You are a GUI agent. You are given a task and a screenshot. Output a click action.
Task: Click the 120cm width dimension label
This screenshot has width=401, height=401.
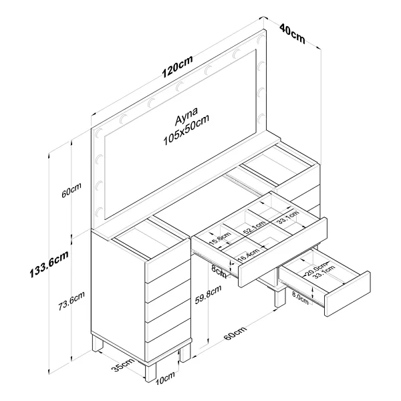(x=177, y=66)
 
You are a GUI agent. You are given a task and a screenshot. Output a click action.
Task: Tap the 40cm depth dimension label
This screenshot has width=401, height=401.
(x=292, y=33)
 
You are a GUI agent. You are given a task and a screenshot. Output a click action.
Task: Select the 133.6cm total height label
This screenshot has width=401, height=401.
(x=49, y=264)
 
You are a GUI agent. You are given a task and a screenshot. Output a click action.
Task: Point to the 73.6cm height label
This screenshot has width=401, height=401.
(x=72, y=301)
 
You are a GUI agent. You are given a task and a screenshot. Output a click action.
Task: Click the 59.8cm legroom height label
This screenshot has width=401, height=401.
(x=208, y=294)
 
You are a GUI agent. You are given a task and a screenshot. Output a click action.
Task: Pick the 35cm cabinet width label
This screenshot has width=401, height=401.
(x=122, y=364)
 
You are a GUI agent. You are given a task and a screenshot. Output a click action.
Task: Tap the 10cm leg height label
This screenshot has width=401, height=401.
(x=165, y=378)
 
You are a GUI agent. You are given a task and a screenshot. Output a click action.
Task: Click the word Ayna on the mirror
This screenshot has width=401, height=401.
(x=186, y=116)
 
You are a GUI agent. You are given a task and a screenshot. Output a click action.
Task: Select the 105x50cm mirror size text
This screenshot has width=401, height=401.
(x=186, y=130)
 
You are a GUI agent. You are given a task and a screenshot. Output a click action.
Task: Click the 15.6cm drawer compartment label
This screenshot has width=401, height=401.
(x=220, y=238)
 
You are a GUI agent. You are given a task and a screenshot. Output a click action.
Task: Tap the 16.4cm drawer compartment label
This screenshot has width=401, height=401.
(x=249, y=255)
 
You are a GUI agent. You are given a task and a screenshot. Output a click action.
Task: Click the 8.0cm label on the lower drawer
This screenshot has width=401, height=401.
(x=301, y=297)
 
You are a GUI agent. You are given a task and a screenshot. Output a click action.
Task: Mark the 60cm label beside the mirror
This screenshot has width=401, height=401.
(x=72, y=190)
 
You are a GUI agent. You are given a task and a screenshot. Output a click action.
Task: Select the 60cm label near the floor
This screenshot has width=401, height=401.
(x=235, y=333)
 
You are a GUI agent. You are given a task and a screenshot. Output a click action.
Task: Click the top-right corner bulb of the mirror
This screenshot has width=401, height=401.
(x=261, y=39)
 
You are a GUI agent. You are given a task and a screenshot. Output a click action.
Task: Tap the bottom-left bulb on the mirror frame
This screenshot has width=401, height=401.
(x=99, y=212)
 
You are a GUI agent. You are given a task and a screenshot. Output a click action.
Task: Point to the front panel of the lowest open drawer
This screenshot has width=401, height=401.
(x=348, y=293)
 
